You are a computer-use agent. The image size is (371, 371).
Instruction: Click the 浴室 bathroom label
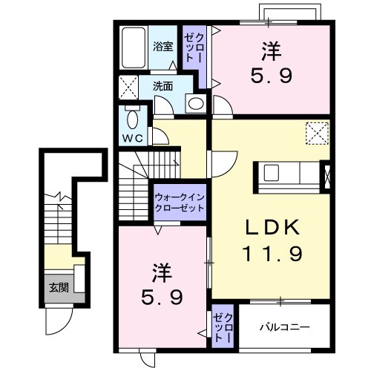pyautogui.click(x=163, y=45)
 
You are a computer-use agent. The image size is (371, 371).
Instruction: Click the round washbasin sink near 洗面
pyautogui.click(x=195, y=104)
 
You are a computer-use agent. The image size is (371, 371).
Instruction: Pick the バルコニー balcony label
pyautogui.click(x=285, y=326)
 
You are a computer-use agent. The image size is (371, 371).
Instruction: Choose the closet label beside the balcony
pyautogui.click(x=223, y=326)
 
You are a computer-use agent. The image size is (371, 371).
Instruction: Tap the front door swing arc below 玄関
pyautogui.click(x=56, y=321)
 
